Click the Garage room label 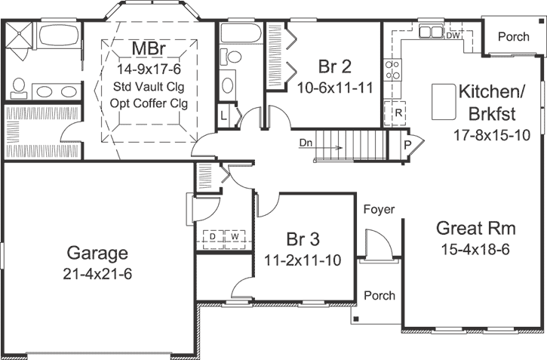[x=97, y=252]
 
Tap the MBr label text [x=149, y=49]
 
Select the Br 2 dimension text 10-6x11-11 [x=336, y=86]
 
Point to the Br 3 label [x=303, y=239]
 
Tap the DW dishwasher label [x=453, y=35]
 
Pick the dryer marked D [x=214, y=237]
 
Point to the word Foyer [x=379, y=209]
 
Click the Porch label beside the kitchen [x=513, y=35]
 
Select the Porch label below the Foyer [x=379, y=295]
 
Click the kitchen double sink [x=431, y=32]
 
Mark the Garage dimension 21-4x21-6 [x=98, y=273]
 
